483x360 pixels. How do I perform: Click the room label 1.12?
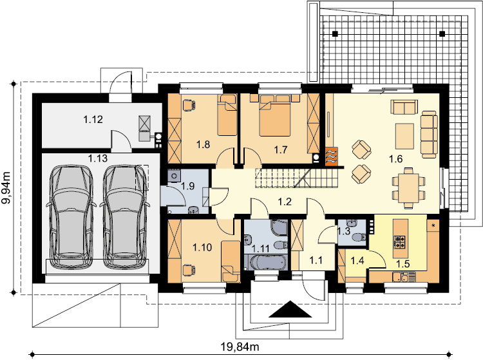tap(93, 119)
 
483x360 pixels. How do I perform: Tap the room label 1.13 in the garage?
tap(98, 158)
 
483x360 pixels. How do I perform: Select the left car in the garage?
tap(71, 216)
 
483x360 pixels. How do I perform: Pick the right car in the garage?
tap(124, 216)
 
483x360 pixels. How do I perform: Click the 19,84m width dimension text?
tap(240, 347)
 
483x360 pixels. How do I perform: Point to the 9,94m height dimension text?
tap(6, 187)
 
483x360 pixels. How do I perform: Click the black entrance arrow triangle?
tap(290, 309)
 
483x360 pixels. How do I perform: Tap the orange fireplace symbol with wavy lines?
tap(332, 156)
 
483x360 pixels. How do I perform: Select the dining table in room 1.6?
tap(408, 188)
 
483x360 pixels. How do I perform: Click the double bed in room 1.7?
tap(275, 115)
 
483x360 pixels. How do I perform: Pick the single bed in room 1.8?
tap(227, 115)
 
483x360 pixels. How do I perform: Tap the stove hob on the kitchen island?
tap(400, 242)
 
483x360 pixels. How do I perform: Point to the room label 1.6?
tap(395, 159)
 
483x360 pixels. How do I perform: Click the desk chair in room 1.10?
tap(189, 270)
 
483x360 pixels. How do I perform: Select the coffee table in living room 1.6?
tap(405, 136)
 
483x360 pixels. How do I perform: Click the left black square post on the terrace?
tap(335, 33)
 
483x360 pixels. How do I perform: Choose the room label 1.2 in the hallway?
tap(285, 202)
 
